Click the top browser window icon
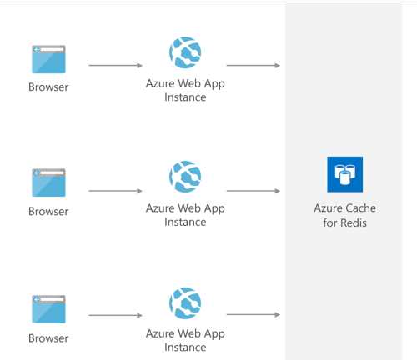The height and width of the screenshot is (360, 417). [48, 59]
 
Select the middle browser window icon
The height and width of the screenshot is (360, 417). [48, 182]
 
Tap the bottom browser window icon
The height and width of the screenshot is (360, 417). [48, 309]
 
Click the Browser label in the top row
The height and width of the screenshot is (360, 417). [48, 87]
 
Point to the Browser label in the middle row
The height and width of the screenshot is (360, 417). [48, 212]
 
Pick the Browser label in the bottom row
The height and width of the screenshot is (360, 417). [48, 338]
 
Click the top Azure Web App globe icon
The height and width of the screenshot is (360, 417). [185, 52]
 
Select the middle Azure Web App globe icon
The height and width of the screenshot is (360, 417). [185, 177]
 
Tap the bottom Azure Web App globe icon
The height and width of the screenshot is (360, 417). [185, 303]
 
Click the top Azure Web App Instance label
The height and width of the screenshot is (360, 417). [185, 91]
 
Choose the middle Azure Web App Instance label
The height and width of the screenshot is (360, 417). [185, 215]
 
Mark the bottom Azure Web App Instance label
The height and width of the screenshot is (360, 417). [185, 340]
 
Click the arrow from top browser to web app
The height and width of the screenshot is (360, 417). [115, 66]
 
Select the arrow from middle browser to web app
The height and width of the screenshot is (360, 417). [115, 191]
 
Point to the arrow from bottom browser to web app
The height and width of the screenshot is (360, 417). [115, 315]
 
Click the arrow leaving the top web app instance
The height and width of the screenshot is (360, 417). [254, 66]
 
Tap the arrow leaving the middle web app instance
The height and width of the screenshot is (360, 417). [254, 191]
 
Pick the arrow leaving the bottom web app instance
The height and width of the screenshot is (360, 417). [254, 315]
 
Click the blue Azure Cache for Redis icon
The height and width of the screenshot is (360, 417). [344, 174]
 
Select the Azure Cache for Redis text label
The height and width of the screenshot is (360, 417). [344, 215]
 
